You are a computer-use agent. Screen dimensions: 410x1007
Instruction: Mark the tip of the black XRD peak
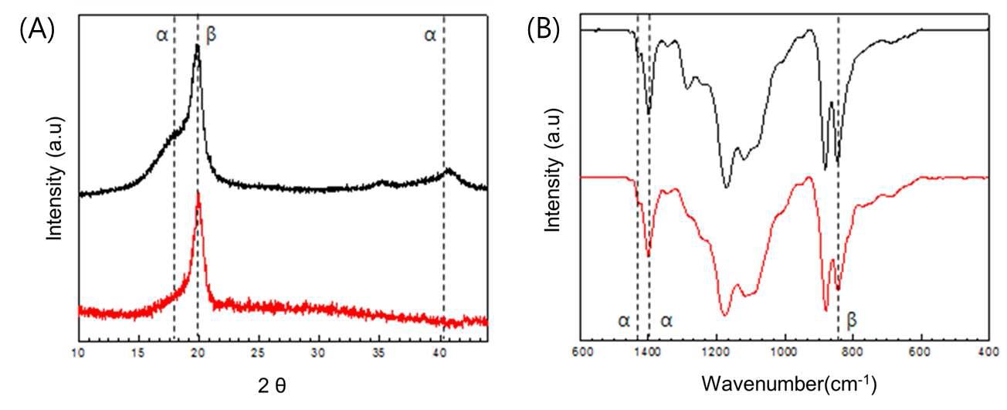(x=198, y=45)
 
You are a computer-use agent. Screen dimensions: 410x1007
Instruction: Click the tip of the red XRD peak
(x=198, y=191)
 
